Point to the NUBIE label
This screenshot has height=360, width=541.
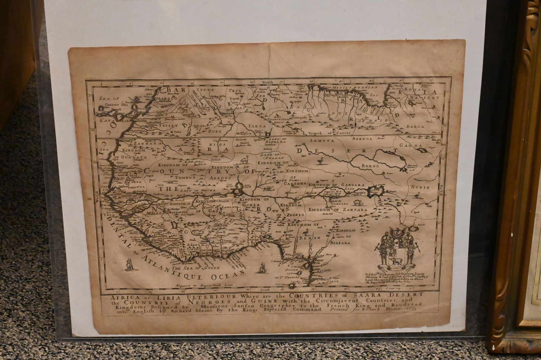420,187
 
